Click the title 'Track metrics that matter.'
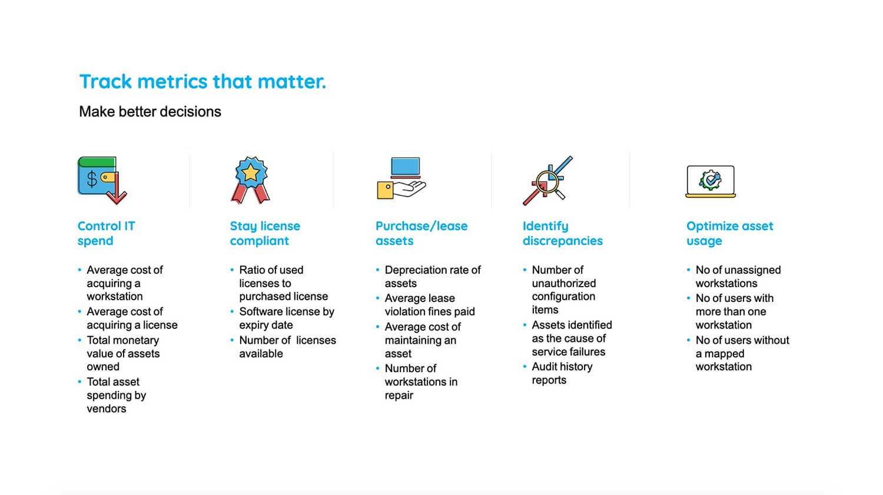click(x=203, y=81)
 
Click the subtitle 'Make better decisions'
click(x=150, y=112)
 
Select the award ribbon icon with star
click(x=251, y=180)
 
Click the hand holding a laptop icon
click(x=401, y=179)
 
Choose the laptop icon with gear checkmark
click(x=711, y=181)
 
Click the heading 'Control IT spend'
click(x=107, y=233)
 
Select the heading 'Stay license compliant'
click(x=265, y=233)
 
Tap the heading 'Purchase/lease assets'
click(x=421, y=233)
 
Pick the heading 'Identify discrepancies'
click(x=562, y=233)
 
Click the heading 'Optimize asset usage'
click(x=729, y=233)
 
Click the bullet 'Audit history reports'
click(x=562, y=373)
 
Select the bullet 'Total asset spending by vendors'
click(x=116, y=395)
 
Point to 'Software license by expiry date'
click(x=286, y=318)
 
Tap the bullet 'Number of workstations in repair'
click(x=421, y=381)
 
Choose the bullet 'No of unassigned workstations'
click(x=738, y=277)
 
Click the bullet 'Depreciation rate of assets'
click(x=432, y=277)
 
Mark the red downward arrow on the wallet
click(x=117, y=192)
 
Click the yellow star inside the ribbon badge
click(x=251, y=172)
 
